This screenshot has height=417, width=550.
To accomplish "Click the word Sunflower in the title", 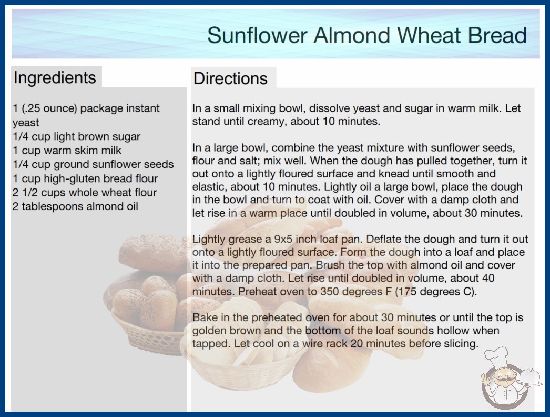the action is (x=257, y=35).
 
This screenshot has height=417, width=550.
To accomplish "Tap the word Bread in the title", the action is (x=497, y=35).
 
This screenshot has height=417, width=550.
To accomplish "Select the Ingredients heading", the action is (x=55, y=77).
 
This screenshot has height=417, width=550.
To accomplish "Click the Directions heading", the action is (x=230, y=78).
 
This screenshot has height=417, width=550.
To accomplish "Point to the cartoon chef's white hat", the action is (x=497, y=355).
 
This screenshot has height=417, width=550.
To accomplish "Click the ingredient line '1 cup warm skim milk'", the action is (x=67, y=151).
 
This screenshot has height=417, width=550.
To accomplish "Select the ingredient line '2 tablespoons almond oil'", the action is (x=75, y=206).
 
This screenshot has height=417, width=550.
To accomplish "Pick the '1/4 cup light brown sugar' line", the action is (x=76, y=136).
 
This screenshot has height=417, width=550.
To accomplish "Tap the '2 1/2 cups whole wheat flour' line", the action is (x=85, y=193).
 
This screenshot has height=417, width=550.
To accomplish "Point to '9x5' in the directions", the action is (x=283, y=239).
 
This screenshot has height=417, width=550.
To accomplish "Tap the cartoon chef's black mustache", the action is (x=504, y=379).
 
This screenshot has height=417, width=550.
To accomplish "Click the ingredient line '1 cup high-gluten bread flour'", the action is (x=85, y=178).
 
